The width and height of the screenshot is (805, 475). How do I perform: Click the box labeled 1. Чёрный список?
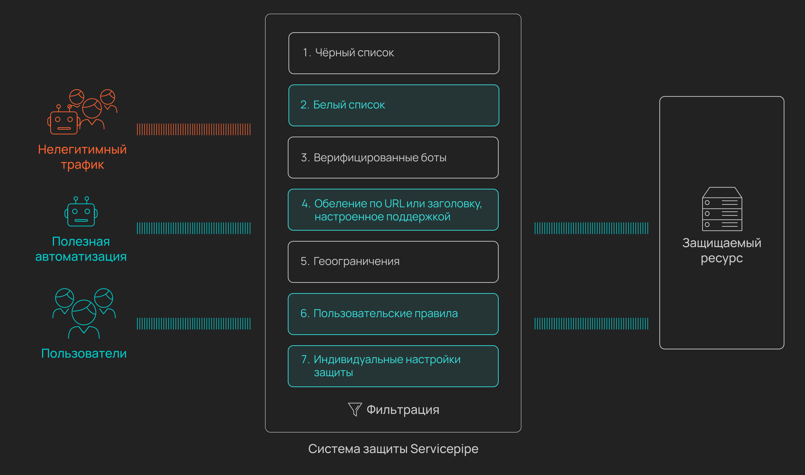394,53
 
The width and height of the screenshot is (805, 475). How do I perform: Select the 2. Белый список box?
394,105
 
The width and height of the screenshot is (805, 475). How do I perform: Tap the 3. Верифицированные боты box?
393,157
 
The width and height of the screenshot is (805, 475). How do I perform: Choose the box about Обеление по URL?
393,210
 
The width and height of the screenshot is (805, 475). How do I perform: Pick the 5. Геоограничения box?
393,262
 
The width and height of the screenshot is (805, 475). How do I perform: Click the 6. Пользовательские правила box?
393,314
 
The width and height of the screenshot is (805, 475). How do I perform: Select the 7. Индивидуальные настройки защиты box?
393,366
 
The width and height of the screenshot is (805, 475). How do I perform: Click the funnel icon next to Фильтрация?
355,409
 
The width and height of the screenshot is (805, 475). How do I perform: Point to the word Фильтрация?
403,410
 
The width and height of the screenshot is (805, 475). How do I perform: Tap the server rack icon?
722,209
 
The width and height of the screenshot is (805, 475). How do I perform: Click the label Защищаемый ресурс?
722,250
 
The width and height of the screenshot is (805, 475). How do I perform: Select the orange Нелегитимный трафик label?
82,157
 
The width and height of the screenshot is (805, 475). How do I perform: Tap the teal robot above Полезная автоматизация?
81,212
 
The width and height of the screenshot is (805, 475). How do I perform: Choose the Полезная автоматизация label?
81,249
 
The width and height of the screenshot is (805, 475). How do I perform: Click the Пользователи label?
84,353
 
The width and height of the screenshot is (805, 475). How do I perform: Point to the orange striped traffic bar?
194,129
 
